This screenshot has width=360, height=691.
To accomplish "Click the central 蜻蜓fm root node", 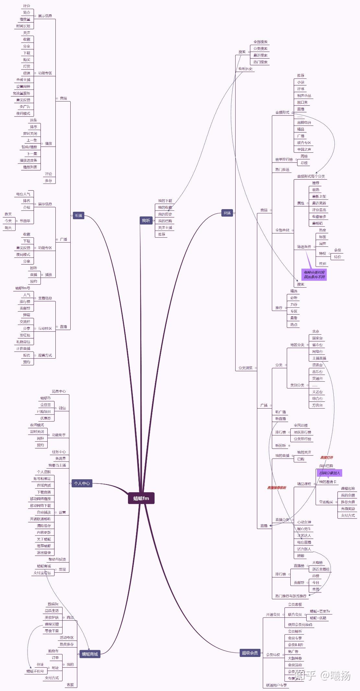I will pyautogui.click(x=141, y=498).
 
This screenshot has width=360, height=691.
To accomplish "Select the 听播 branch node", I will pyautogui.click(x=78, y=215).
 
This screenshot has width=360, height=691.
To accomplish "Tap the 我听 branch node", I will pyautogui.click(x=146, y=220).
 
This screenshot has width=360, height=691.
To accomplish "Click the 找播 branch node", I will pyautogui.click(x=227, y=213).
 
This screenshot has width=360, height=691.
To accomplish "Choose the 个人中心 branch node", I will pyautogui.click(x=82, y=483).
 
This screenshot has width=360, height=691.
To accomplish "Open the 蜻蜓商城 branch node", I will pyautogui.click(x=90, y=654).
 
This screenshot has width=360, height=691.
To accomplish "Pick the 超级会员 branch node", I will pyautogui.click(x=250, y=653).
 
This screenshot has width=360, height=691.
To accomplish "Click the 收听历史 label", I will pyautogui.click(x=245, y=69).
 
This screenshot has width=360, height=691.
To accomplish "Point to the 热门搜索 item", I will pyautogui.click(x=260, y=62).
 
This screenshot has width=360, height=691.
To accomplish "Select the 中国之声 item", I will pyautogui.click(x=304, y=149).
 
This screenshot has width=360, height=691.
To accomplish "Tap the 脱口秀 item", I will pyautogui.click(x=302, y=102).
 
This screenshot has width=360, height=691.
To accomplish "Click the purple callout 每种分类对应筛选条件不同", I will pyautogui.click(x=314, y=275).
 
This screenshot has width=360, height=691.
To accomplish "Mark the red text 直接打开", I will pyautogui.click(x=326, y=458).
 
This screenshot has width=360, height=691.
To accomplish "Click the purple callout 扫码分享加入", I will pyautogui.click(x=329, y=473).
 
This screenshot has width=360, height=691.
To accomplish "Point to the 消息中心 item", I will pyautogui.click(x=59, y=391).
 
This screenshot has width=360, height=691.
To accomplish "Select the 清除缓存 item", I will pyautogui.click(x=44, y=526).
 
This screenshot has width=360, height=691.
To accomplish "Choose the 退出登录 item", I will pyautogui.click(x=44, y=553).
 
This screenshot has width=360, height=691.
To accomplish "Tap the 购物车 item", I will pyautogui.click(x=53, y=651).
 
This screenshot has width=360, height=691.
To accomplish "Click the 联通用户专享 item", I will pyautogui.click(x=276, y=685).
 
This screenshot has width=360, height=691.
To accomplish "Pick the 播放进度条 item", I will pyautogui.click(x=29, y=160).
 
